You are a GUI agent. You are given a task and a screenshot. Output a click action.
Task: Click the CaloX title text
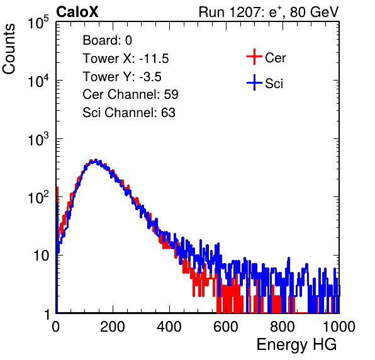click(x=77, y=12)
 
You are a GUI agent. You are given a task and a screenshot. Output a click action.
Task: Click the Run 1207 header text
click(x=269, y=12)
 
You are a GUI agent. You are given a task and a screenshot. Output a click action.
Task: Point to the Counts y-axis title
click(x=9, y=49)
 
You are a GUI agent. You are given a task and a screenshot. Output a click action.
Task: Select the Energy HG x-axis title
click(x=296, y=345)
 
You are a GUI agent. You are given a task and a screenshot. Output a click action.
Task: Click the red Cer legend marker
click(x=254, y=57)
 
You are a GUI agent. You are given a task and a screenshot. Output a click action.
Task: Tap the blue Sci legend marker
click(x=254, y=83)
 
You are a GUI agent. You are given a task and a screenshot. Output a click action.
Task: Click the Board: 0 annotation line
click(x=107, y=40)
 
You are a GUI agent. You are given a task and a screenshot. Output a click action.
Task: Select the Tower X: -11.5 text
click(x=126, y=59)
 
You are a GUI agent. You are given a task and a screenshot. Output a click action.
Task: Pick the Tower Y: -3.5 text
click(x=122, y=77)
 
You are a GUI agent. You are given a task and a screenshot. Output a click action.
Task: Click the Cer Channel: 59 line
click(x=130, y=94)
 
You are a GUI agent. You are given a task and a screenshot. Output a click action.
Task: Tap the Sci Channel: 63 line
click(x=129, y=113)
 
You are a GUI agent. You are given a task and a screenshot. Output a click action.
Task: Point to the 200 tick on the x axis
click(x=113, y=327)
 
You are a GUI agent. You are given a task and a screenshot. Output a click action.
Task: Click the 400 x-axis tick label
click(x=169, y=327)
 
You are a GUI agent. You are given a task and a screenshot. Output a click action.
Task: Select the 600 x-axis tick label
click(x=226, y=327)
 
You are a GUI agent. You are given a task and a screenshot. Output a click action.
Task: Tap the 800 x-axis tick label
click(x=283, y=327)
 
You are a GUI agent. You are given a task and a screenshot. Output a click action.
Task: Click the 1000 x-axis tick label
click(x=339, y=327)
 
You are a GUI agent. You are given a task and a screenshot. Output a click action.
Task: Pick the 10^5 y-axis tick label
click(x=38, y=23)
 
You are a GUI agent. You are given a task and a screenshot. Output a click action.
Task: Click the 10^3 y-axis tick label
click(x=38, y=139)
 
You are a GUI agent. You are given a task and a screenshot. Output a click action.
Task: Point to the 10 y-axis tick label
click(x=41, y=256)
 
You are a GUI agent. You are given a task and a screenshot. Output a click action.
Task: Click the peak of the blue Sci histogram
click(x=96, y=160)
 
